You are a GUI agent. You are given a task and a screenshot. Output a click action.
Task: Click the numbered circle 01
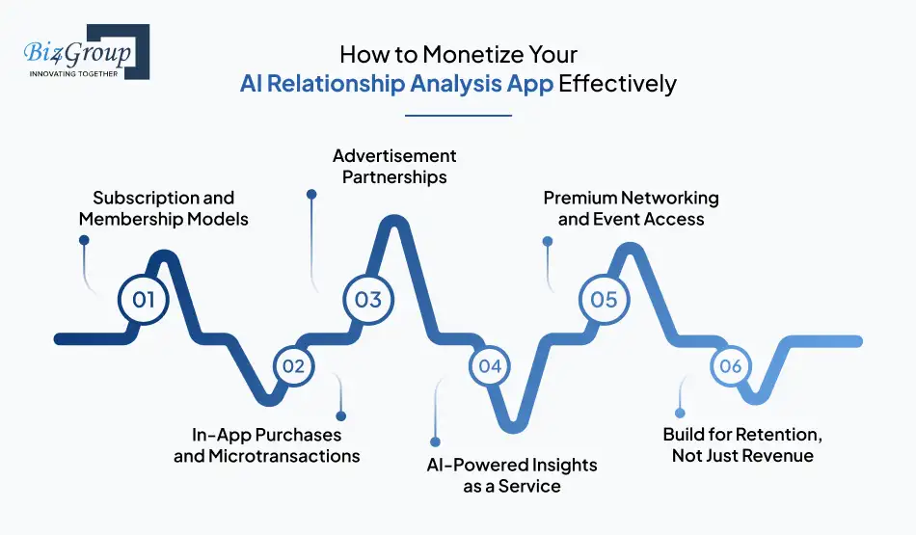144,299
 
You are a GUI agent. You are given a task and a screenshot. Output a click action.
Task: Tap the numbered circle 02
293,366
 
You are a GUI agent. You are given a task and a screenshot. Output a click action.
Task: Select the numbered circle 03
368,299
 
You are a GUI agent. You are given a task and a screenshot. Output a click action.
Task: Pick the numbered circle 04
490,366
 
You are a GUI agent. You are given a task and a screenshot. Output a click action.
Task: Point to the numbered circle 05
604,299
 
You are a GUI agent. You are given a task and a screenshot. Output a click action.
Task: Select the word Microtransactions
285,456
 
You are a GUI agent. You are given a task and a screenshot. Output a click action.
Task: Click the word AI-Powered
470,465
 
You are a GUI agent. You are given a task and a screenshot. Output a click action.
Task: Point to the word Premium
579,198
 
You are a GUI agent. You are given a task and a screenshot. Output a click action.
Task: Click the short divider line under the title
458,116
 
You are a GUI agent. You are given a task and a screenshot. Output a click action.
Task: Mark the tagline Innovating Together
72,72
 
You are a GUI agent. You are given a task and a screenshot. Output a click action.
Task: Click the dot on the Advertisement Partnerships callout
310,194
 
